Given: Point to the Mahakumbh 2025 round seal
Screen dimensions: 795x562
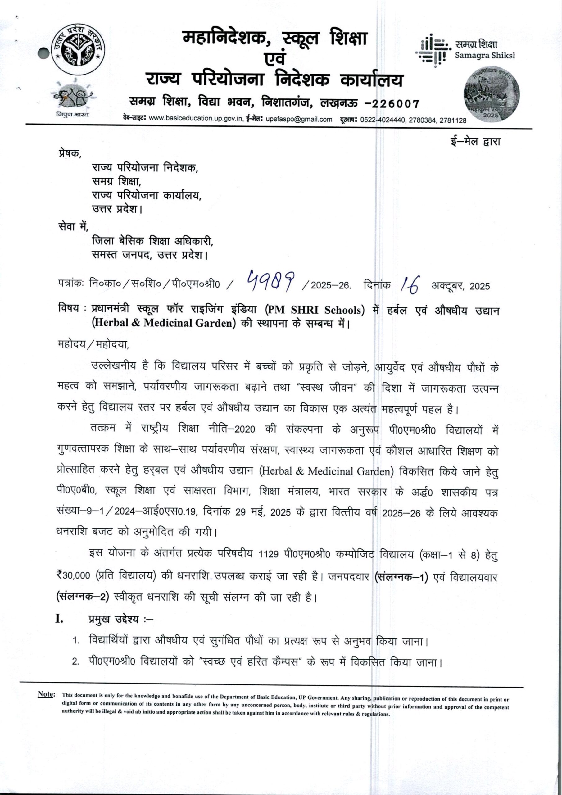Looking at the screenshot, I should tap(492, 94).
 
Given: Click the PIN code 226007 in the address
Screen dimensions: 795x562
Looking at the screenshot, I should tap(396, 103).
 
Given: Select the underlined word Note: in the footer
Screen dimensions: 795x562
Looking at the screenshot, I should tap(46, 694).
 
